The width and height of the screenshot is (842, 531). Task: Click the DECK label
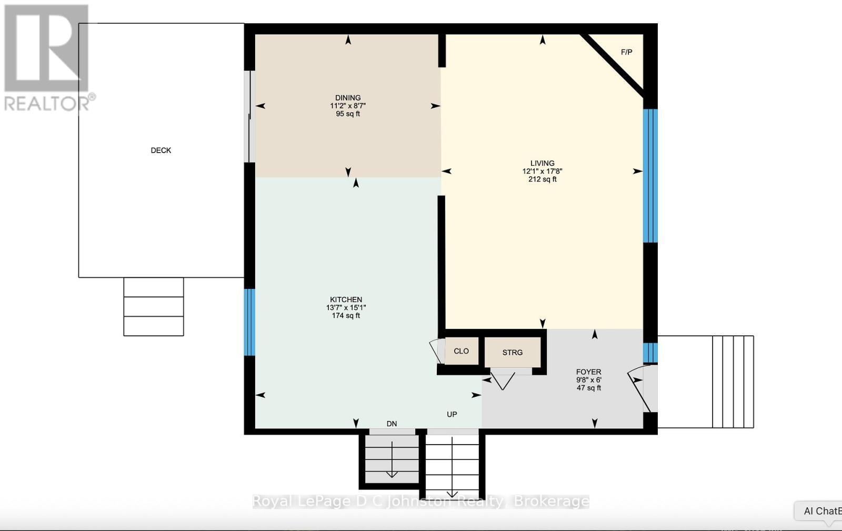point(161,151)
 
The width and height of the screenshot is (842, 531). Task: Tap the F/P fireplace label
point(626,52)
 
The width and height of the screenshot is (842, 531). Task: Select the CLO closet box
point(461,351)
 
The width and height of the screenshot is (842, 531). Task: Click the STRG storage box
point(512,352)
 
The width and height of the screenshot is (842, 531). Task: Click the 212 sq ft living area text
point(542,179)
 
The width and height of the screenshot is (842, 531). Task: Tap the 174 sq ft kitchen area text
point(346,316)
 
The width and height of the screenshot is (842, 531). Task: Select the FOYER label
point(588,372)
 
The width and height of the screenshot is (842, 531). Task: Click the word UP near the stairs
point(452,414)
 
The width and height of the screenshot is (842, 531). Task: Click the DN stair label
point(392,424)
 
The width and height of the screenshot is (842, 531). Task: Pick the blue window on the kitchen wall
point(250,322)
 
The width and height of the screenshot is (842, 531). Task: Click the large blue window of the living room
point(650,176)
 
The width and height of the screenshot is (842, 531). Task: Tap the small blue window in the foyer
point(650,352)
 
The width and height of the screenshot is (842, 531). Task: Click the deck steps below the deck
point(154,306)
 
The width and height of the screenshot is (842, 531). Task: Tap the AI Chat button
point(821,511)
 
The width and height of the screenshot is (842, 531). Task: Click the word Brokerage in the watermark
point(551,501)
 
